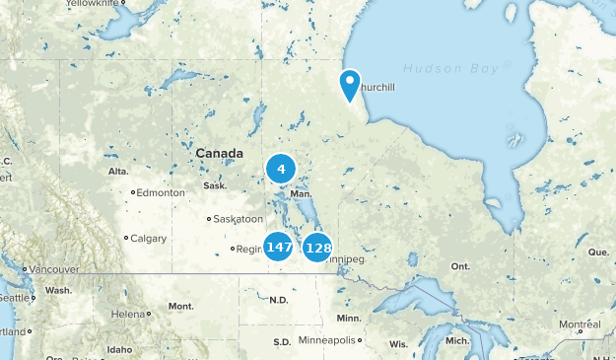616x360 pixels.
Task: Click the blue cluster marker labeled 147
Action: point(279,246)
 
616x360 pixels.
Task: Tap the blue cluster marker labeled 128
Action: point(317,248)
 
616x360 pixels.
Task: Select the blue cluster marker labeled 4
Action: point(281,170)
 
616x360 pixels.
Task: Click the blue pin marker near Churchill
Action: point(350,86)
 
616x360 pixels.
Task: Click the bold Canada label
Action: point(219,154)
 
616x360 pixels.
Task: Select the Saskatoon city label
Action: point(240,219)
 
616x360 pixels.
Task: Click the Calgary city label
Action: point(148,238)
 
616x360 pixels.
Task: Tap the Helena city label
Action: point(128,314)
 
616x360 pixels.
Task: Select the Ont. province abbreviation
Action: point(460,266)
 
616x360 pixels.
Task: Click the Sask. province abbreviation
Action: point(214,185)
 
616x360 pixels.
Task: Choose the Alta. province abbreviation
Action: point(118,172)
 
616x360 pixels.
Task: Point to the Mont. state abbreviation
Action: point(180,306)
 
